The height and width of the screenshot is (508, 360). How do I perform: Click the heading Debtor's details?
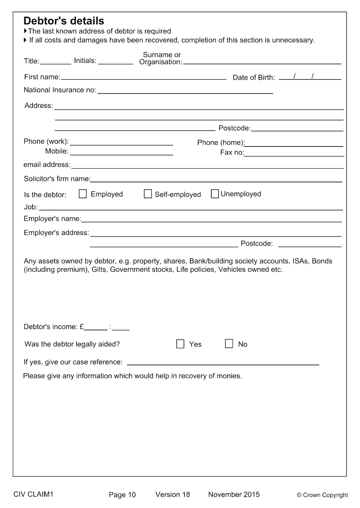click(63, 21)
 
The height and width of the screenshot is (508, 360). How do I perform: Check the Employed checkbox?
click(83, 194)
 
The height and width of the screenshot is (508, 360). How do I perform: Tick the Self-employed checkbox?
click(148, 194)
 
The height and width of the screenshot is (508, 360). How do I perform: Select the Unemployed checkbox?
click(215, 194)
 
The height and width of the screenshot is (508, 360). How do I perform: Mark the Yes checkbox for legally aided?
click(180, 344)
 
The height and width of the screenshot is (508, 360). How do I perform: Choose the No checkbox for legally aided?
click(229, 344)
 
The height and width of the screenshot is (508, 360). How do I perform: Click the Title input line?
click(56, 61)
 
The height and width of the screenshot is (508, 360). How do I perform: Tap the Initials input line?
click(115, 61)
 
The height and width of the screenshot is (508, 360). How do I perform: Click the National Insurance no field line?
click(185, 91)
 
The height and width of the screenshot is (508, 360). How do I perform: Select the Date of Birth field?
click(310, 77)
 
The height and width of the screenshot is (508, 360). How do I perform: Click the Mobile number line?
click(121, 152)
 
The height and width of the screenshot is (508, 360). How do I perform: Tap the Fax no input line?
click(294, 153)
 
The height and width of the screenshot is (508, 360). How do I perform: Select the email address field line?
click(207, 165)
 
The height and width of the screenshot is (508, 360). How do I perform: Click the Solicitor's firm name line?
click(216, 179)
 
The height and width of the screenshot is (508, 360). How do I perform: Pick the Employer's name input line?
click(211, 219)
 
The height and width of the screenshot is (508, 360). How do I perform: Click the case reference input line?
click(223, 362)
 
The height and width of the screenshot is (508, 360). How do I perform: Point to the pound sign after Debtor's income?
click(81, 327)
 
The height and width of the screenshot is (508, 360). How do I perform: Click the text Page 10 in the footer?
click(122, 495)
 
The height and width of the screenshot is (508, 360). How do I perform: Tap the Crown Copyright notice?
click(322, 495)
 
